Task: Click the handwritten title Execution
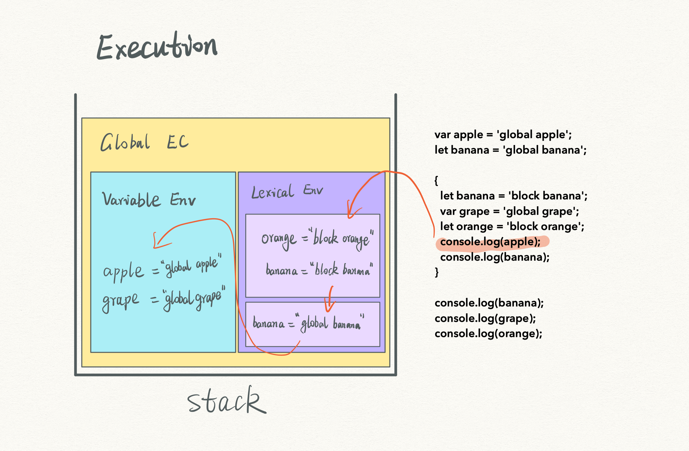(x=157, y=47)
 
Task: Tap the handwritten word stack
(x=226, y=400)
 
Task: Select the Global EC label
(x=144, y=142)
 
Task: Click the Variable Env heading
(x=148, y=200)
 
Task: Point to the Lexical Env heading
(x=287, y=192)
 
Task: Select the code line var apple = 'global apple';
(x=503, y=135)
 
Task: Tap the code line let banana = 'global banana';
(x=510, y=150)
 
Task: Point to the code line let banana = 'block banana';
(x=513, y=196)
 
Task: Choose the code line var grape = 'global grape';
(x=509, y=211)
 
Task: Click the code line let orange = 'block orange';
(x=512, y=227)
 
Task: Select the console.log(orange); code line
(x=488, y=334)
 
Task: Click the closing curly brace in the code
(x=437, y=272)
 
